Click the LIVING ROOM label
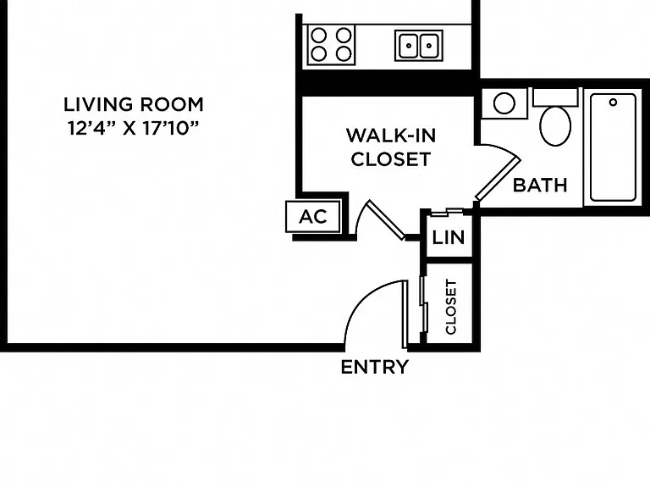pyautogui.click(x=134, y=104)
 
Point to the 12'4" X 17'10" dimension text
pyautogui.click(x=134, y=128)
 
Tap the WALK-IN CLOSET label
pyautogui.click(x=391, y=147)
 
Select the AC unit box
pyautogui.click(x=313, y=216)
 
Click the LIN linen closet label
pyautogui.click(x=448, y=237)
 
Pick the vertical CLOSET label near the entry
pyautogui.click(x=450, y=307)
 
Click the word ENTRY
pyautogui.click(x=375, y=367)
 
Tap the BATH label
pyautogui.click(x=540, y=185)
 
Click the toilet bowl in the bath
pyautogui.click(x=555, y=125)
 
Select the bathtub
pyautogui.click(x=613, y=147)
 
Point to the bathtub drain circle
pyautogui.click(x=613, y=102)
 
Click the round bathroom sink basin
pyautogui.click(x=504, y=103)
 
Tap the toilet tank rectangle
pyautogui.click(x=555, y=97)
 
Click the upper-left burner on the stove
pyautogui.click(x=319, y=36)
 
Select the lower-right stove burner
pyautogui.click(x=344, y=53)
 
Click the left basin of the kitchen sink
pyautogui.click(x=408, y=45)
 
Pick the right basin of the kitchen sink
pyautogui.click(x=429, y=45)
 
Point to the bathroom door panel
pyautogui.click(x=498, y=179)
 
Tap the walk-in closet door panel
pyautogui.click(x=386, y=220)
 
